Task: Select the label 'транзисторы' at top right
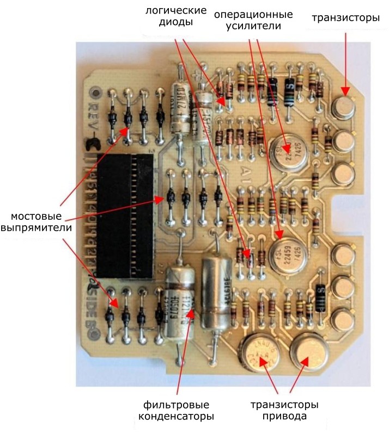click(345, 18)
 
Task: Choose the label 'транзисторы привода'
click(284, 411)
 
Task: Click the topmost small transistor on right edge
click(344, 108)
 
